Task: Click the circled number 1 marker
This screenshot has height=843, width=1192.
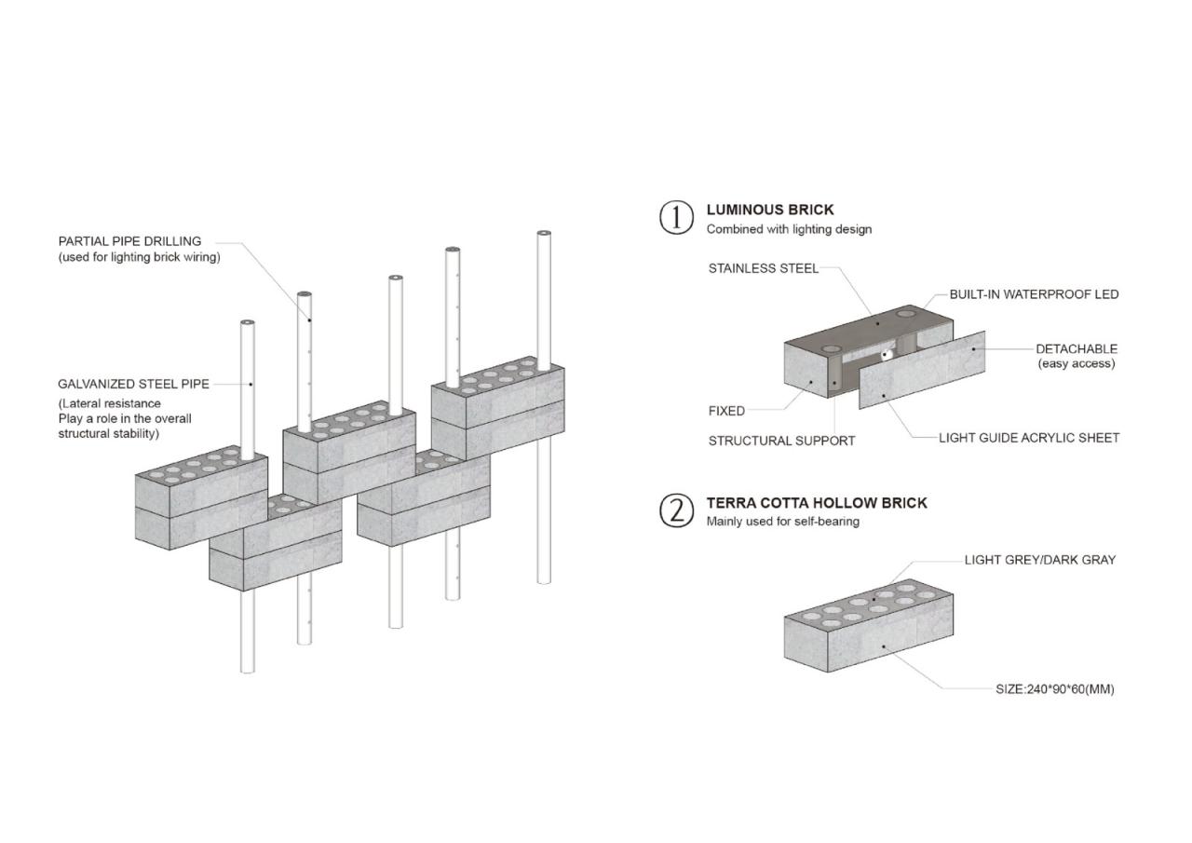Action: pos(676,217)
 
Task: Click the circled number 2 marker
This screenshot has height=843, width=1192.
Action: pos(676,510)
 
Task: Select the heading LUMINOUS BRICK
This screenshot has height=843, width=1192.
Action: pos(769,210)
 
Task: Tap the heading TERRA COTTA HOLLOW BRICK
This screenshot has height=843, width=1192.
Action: pos(816,503)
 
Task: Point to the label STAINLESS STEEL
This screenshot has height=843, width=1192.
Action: pos(763,268)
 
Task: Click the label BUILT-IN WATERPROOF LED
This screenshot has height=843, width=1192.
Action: pos(1034,294)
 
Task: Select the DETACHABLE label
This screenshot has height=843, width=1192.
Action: pos(1076,349)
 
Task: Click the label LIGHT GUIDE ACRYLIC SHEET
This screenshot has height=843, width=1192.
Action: pos(1028,438)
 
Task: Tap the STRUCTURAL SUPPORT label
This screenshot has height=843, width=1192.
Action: pos(781,441)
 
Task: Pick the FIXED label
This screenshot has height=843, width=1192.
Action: pos(726,411)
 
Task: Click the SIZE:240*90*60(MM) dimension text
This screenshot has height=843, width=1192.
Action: pos(1054,689)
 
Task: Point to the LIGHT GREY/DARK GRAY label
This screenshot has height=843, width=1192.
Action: pos(1039,560)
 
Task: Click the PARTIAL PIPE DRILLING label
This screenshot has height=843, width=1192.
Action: pos(129,241)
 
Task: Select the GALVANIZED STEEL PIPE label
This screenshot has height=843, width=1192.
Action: pos(133,384)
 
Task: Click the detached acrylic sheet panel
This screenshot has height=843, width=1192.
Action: pos(922,370)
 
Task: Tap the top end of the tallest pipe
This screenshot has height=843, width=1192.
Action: pos(544,234)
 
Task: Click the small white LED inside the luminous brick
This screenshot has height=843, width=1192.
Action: pos(887,354)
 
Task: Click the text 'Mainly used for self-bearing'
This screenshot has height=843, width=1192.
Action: pos(782,522)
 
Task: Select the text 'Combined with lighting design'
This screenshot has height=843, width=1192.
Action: pos(789,229)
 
